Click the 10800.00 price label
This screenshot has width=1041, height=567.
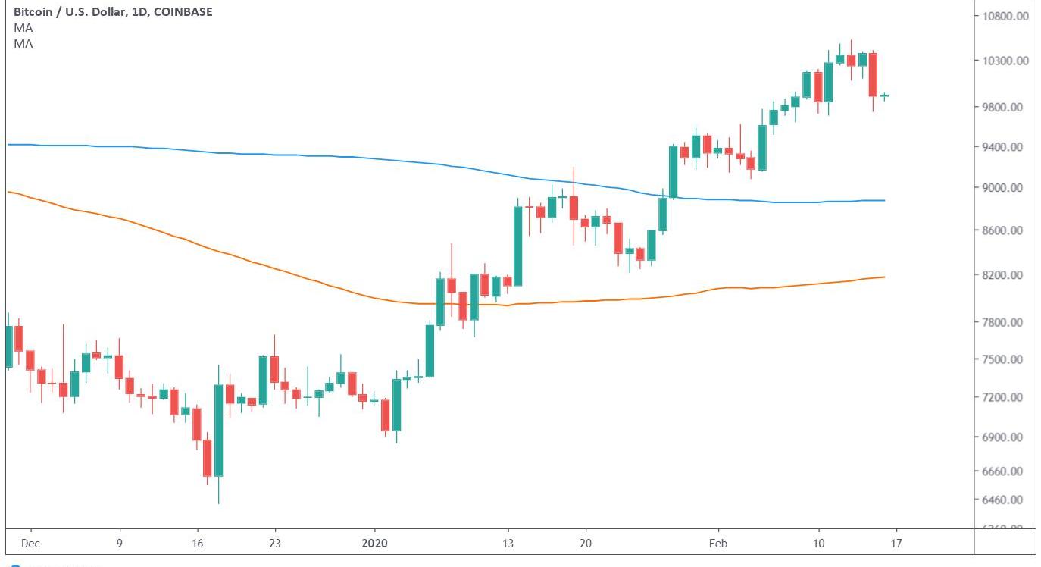click(x=1005, y=16)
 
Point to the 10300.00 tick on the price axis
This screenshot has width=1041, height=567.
click(x=1005, y=61)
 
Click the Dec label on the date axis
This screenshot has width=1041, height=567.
click(x=31, y=544)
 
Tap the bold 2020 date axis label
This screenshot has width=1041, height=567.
click(x=374, y=544)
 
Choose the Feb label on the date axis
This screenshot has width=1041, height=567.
click(x=717, y=544)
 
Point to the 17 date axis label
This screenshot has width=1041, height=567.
click(x=896, y=544)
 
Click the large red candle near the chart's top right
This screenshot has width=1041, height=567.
click(x=873, y=74)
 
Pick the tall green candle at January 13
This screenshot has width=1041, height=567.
click(x=518, y=246)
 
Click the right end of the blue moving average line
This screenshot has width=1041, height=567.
click(x=885, y=200)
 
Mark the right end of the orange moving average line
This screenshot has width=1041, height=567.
click(x=885, y=277)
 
